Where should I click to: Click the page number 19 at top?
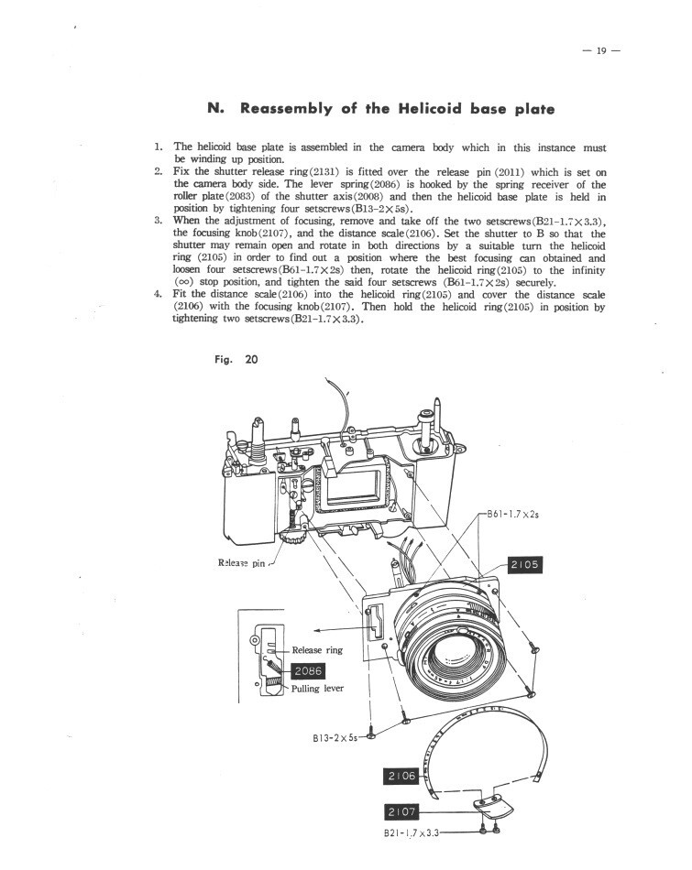(x=602, y=49)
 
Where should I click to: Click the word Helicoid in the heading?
(x=406, y=109)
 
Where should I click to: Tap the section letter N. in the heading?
(x=216, y=109)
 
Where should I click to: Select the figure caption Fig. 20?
(x=236, y=360)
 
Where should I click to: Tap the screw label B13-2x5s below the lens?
(x=335, y=735)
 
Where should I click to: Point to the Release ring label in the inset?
(x=317, y=650)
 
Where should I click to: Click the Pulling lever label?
(x=317, y=689)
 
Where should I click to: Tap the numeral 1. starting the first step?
(x=158, y=147)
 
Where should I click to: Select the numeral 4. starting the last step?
(x=158, y=293)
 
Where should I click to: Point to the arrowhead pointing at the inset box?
(x=318, y=630)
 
